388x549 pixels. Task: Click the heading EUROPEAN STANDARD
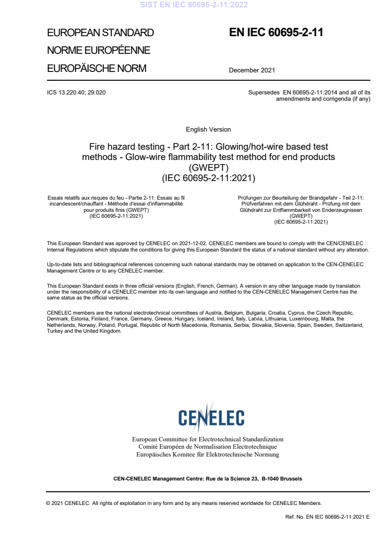pyautogui.click(x=100, y=33)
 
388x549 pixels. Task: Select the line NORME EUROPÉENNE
pyautogui.click(x=98, y=50)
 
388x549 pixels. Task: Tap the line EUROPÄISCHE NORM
pyautogui.click(x=96, y=69)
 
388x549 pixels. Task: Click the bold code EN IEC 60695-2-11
pyautogui.click(x=276, y=33)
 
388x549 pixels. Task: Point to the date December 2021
pyautogui.click(x=252, y=70)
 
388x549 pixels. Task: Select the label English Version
pyautogui.click(x=208, y=130)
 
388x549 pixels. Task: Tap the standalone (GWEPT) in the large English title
pyautogui.click(x=208, y=168)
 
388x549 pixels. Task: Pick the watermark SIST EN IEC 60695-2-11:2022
pyautogui.click(x=194, y=5)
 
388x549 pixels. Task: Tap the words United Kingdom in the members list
pyautogui.click(x=104, y=331)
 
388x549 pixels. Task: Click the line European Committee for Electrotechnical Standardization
pyautogui.click(x=207, y=439)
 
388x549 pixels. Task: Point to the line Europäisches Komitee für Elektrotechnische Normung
pyautogui.click(x=207, y=455)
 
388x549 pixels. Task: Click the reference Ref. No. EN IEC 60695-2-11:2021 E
pyautogui.click(x=327, y=517)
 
